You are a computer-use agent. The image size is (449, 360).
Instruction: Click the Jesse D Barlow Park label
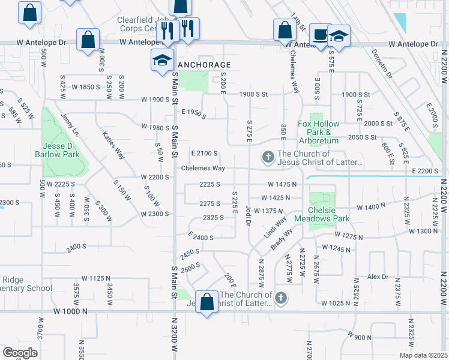click(61, 150)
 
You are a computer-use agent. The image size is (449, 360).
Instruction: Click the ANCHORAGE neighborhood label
click(205, 65)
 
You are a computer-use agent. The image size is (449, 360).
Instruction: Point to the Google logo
click(20, 353)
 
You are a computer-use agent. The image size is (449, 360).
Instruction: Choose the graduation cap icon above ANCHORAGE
click(162, 61)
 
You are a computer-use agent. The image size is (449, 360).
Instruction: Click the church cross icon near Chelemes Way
click(268, 158)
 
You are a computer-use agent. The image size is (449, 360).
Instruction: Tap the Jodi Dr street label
click(248, 214)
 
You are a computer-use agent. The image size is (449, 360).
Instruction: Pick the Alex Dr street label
click(378, 277)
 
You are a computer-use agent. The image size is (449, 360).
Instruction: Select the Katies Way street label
click(113, 145)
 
